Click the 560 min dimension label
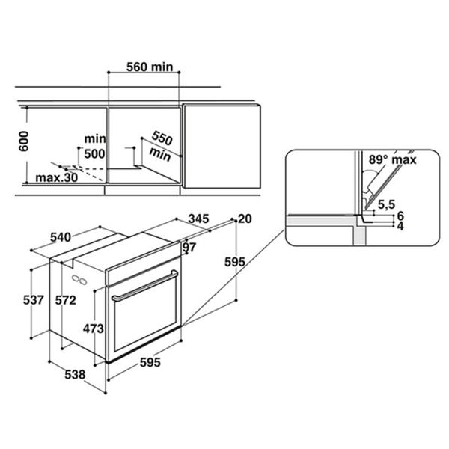(150, 67)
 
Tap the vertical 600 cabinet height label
(23, 141)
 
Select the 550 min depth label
(161, 146)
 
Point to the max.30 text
(56, 178)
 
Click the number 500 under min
(94, 153)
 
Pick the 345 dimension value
(199, 219)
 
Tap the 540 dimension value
(61, 237)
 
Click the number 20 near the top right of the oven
(245, 219)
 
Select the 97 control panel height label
(189, 247)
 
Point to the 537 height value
(34, 300)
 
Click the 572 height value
(66, 300)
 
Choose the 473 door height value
(94, 329)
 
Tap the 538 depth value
(75, 375)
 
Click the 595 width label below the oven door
(150, 362)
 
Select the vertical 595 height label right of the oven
(235, 262)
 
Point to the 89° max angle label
(392, 159)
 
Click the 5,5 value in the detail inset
(386, 204)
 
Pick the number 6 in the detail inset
(400, 216)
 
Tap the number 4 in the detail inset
(400, 226)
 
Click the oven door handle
(145, 286)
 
